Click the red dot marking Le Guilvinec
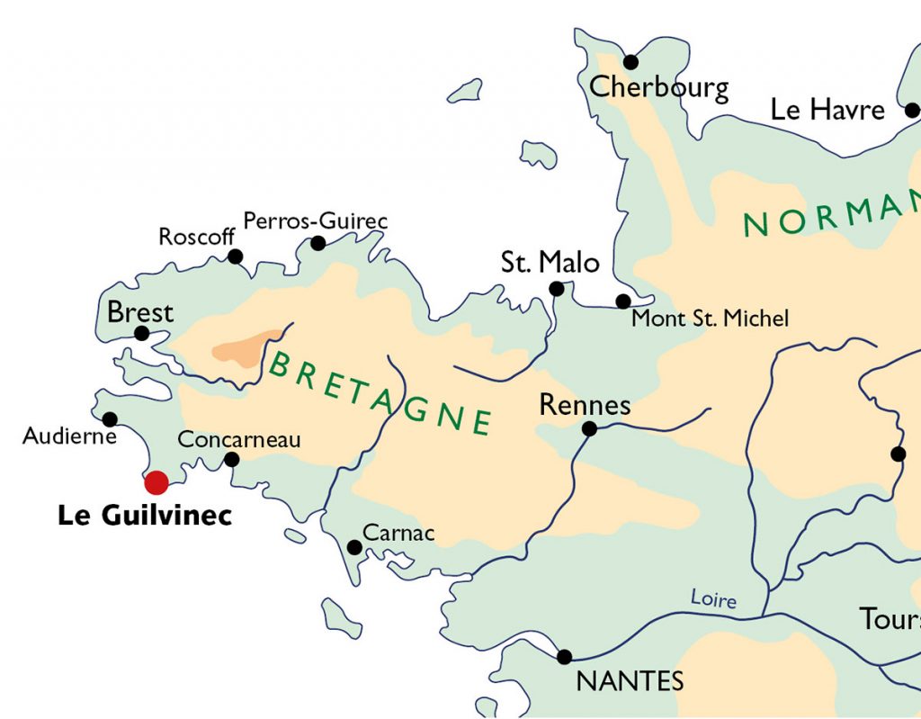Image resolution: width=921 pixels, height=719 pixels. click(x=156, y=482)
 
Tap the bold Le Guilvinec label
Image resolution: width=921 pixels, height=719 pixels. click(x=145, y=516)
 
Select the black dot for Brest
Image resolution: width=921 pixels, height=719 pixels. click(x=141, y=333)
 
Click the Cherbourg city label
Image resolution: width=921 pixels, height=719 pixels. click(x=659, y=87)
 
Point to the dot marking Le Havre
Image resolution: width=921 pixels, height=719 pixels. click(x=912, y=111)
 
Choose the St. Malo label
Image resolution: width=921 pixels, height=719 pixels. click(x=550, y=263)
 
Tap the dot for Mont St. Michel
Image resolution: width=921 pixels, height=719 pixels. click(x=622, y=301)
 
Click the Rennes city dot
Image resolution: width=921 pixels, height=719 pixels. click(x=589, y=428)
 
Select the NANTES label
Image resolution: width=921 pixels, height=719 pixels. click(x=630, y=681)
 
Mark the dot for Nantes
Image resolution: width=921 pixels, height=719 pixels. click(x=564, y=657)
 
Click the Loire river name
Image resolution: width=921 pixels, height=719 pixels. click(x=713, y=598)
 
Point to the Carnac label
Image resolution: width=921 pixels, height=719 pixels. click(x=398, y=534)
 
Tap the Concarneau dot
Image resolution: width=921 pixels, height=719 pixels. click(x=231, y=459)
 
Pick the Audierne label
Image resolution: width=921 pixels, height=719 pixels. click(x=70, y=436)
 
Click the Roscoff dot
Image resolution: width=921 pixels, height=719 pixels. click(x=235, y=256)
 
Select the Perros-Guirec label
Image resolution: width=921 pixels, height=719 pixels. click(x=316, y=220)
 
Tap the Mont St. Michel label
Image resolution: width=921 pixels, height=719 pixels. click(x=710, y=318)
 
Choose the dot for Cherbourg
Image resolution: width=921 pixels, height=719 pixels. click(x=630, y=62)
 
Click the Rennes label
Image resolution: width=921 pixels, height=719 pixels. click(x=585, y=405)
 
